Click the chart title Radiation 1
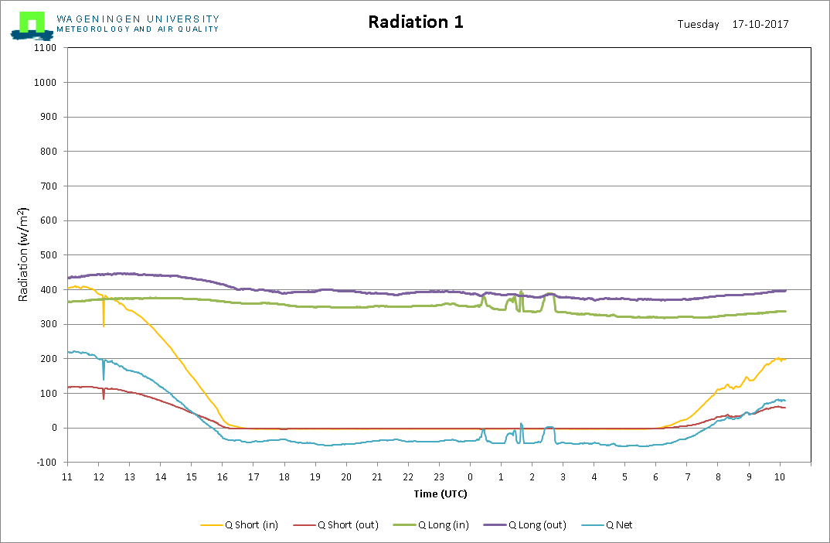(x=416, y=22)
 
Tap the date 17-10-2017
(x=760, y=24)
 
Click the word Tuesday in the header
(x=698, y=25)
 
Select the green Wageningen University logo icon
(x=32, y=26)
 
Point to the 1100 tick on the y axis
(x=45, y=48)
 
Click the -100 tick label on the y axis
(x=46, y=463)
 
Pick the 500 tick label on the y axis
(x=48, y=254)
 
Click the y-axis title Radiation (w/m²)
(x=22, y=254)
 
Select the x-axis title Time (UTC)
(x=441, y=493)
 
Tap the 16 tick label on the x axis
(x=223, y=476)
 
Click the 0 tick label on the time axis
(x=470, y=476)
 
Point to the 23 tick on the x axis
(x=439, y=476)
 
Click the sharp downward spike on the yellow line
(x=104, y=326)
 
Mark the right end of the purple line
(x=786, y=290)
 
